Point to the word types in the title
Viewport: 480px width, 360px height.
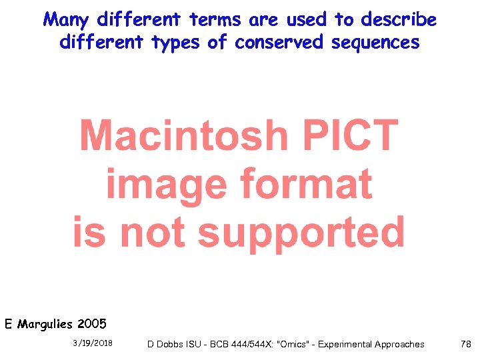(x=176, y=43)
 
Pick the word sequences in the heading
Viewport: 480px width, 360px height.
(x=378, y=43)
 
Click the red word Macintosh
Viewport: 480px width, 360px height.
(x=183, y=135)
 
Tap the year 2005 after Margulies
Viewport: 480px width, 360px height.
(x=91, y=325)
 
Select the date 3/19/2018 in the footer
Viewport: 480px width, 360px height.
(x=92, y=343)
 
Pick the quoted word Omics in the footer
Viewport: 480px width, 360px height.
(x=297, y=344)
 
